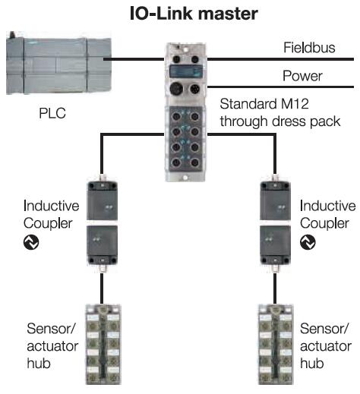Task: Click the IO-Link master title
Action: tap(180, 14)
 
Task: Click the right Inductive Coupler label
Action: tap(327, 213)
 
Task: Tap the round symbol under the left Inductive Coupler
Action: tap(31, 242)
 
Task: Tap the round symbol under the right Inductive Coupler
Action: tap(308, 242)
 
